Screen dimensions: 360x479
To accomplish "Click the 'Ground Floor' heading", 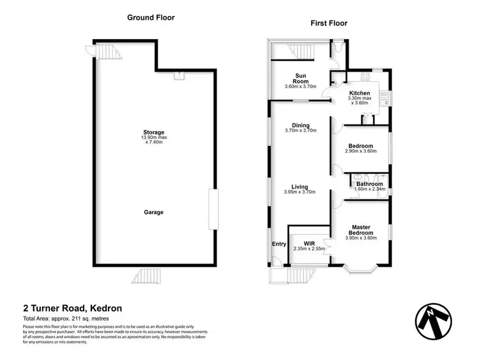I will click(151, 18).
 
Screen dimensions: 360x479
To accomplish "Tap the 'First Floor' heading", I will click(329, 23).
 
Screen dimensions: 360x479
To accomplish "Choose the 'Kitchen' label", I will click(360, 93).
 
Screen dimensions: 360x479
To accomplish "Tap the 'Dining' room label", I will click(300, 125).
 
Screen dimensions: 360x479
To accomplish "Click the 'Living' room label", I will click(300, 186).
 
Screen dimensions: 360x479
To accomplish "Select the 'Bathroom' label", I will click(369, 184).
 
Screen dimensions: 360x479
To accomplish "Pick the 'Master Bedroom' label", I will click(361, 229).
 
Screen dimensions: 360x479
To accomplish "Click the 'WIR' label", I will click(309, 243).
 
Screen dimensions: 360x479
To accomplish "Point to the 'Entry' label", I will click(279, 244).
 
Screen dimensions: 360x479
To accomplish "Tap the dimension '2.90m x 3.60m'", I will click(361, 152).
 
